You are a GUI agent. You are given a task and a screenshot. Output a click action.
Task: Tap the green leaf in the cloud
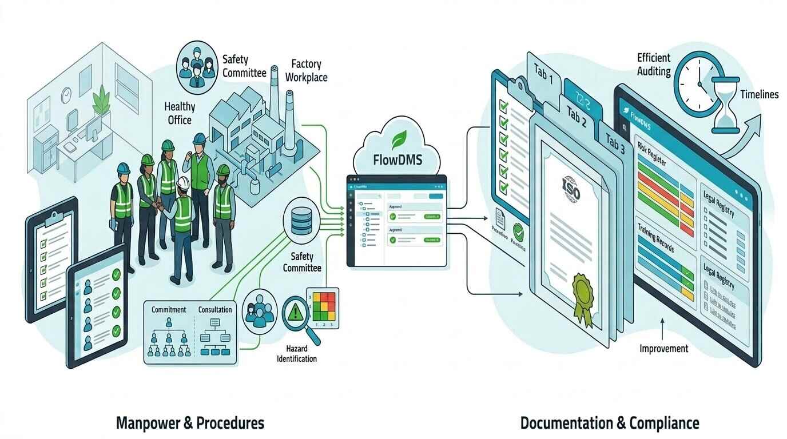[x=398, y=139]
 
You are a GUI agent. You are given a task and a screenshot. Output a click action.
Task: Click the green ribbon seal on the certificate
[x=585, y=292]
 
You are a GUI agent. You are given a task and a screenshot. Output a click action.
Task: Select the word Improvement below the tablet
[x=663, y=348]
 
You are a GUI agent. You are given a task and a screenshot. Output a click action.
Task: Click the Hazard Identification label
[x=297, y=353]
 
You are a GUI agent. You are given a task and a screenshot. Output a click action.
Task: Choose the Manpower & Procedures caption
[x=190, y=423]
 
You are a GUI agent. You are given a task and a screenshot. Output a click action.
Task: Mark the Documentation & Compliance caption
[x=610, y=423]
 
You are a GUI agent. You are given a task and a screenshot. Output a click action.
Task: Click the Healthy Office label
[x=180, y=113]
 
